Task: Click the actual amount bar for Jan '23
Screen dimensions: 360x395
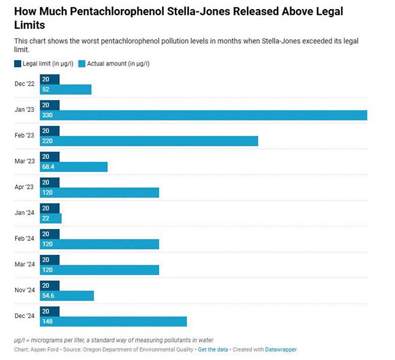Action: (x=204, y=115)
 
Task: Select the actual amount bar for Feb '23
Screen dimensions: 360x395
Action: (x=149, y=141)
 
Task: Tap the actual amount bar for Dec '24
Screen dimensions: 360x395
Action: (x=114, y=322)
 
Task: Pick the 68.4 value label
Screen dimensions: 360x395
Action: (x=47, y=167)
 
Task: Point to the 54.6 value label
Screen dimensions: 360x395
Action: (x=47, y=296)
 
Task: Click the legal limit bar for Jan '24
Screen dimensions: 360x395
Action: (x=50, y=208)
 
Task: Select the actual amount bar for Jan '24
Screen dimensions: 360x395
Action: (x=51, y=218)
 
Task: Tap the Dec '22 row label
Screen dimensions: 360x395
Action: (x=25, y=84)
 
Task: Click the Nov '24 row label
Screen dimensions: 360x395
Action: (x=25, y=290)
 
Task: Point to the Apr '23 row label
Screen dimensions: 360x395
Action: (x=25, y=187)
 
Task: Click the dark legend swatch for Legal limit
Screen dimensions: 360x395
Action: (x=17, y=64)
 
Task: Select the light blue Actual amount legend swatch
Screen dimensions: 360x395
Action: (x=82, y=64)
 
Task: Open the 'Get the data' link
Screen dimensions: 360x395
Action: (x=213, y=349)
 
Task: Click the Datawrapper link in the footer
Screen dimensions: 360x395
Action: (x=281, y=349)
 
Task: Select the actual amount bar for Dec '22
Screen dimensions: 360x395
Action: (x=66, y=89)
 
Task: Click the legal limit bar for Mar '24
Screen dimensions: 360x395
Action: (x=50, y=260)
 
